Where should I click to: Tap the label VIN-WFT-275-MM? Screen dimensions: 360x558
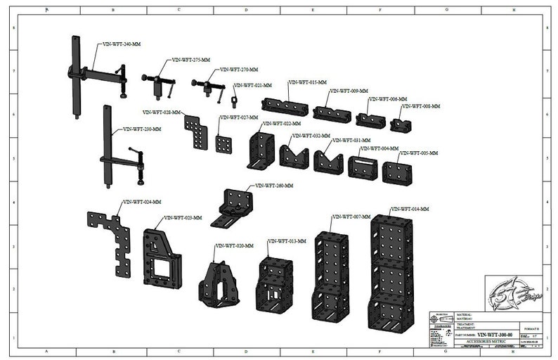[191, 60]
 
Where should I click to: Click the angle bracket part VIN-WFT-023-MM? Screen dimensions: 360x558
[161, 258]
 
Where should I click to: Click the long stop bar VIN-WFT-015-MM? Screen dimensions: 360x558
[285, 106]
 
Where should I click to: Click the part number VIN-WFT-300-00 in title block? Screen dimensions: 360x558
[495, 335]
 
